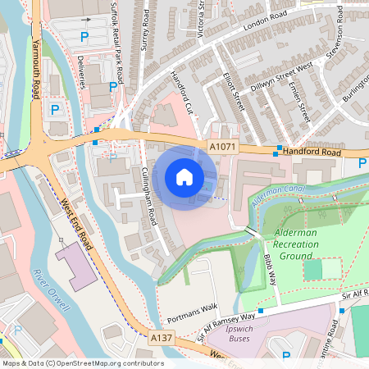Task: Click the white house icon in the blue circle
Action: (184, 177)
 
